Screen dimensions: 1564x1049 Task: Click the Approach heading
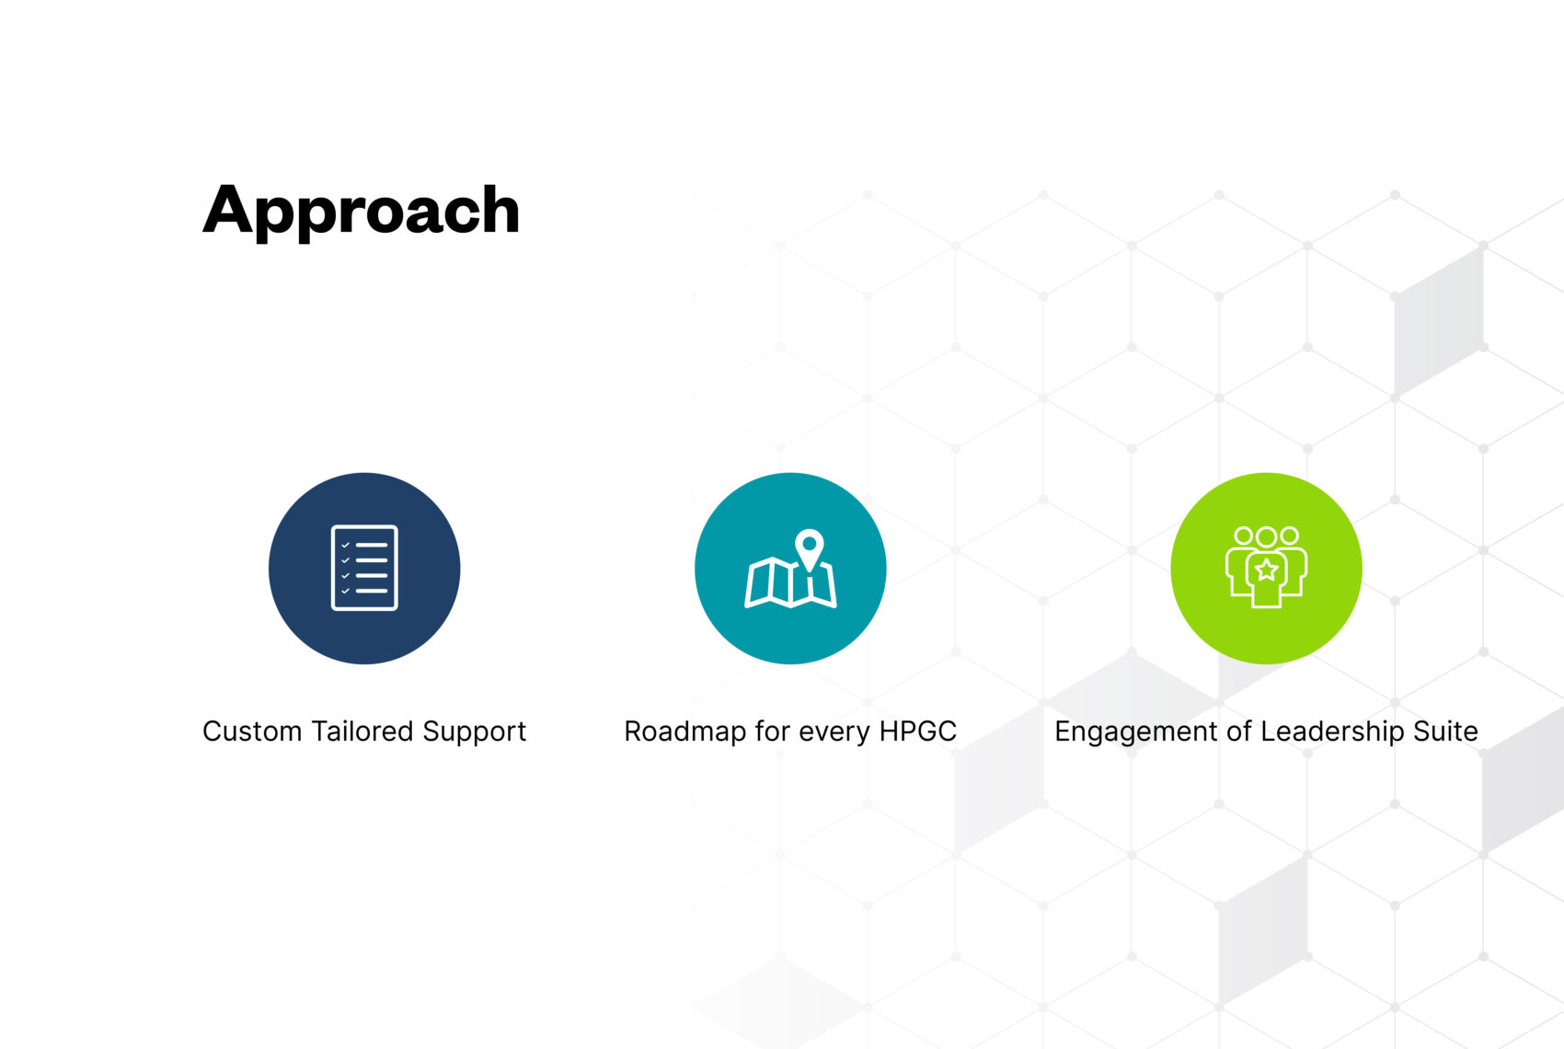(x=361, y=211)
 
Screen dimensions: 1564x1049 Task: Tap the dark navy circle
(x=364, y=569)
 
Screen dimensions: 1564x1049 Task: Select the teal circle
(x=790, y=569)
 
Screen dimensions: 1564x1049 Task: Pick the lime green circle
(x=1266, y=569)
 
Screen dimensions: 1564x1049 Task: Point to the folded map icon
(x=790, y=582)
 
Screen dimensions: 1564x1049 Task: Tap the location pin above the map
(x=810, y=549)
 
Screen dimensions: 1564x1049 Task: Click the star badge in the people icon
(x=1266, y=571)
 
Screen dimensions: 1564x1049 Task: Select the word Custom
(x=252, y=732)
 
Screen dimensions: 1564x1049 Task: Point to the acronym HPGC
(x=917, y=732)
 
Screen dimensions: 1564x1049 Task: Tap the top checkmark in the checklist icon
(x=346, y=545)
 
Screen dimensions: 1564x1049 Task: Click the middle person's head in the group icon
(x=1266, y=537)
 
